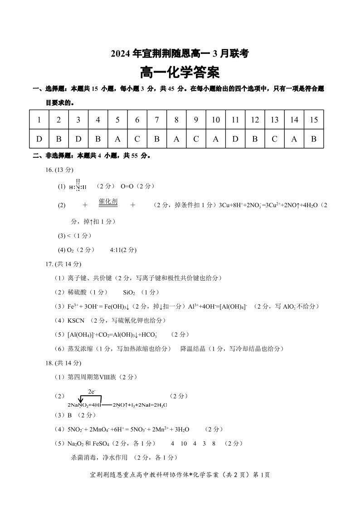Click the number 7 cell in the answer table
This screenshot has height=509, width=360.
click(x=157, y=120)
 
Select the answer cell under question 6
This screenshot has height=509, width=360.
click(x=137, y=139)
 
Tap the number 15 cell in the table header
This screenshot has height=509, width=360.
click(x=314, y=120)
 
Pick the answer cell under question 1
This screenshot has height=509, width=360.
click(x=39, y=139)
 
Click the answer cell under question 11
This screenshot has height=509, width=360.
click(x=235, y=139)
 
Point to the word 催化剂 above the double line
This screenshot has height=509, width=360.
click(x=108, y=201)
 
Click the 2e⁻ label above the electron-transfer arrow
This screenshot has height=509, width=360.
click(x=91, y=391)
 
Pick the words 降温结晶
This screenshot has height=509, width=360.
click(x=194, y=349)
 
